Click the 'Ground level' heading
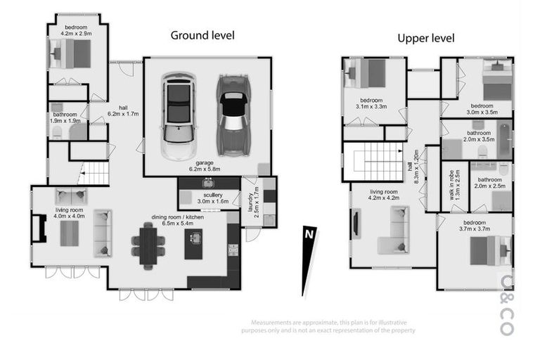pos(202,35)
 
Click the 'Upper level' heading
pos(425,38)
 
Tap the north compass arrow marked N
pos(307,259)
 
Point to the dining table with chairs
pos(148,245)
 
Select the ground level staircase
pos(94,173)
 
